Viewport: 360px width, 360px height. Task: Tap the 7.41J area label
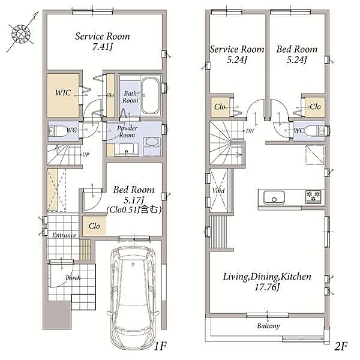(103, 47)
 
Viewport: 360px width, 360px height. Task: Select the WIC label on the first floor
(63, 93)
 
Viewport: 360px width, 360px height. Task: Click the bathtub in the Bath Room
(150, 96)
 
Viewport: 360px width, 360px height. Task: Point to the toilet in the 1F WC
(58, 131)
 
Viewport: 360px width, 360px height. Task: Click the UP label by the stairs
(86, 155)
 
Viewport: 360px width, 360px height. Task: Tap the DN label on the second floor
(250, 131)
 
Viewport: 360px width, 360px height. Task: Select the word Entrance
(64, 235)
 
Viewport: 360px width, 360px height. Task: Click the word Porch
(73, 278)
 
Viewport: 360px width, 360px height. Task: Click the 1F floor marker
(160, 346)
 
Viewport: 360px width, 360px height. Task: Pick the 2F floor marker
(341, 346)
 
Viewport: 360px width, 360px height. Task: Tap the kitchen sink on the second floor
(274, 197)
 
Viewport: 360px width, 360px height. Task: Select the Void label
(218, 191)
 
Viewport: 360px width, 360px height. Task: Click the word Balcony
(268, 326)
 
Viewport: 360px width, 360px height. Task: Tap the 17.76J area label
(267, 287)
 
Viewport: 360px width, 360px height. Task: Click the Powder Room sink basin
(126, 150)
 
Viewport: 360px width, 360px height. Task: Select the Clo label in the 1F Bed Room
(94, 226)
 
